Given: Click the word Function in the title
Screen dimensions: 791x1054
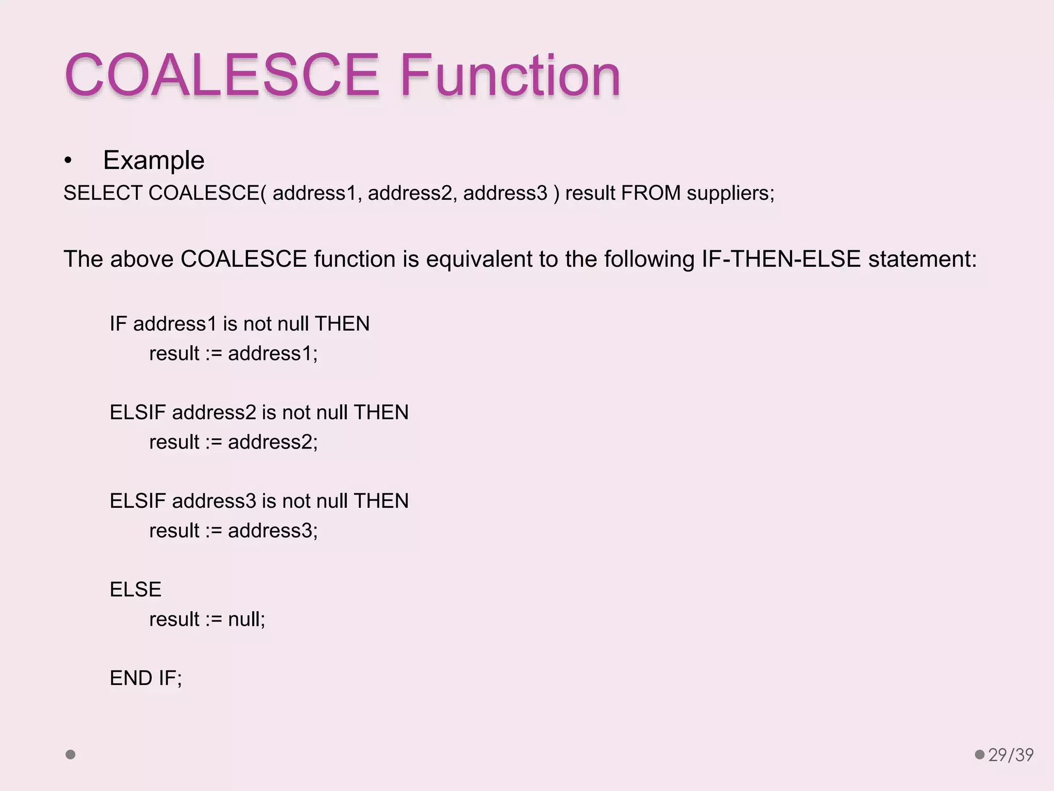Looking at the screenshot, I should (510, 75).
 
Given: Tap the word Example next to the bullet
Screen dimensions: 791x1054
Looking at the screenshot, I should (153, 160).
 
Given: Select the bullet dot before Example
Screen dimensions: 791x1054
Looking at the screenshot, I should (68, 161).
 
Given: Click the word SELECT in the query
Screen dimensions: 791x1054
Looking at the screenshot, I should (102, 193).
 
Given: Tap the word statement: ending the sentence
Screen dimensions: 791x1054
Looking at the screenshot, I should (922, 259).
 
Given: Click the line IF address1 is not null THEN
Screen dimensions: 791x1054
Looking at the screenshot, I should (239, 324).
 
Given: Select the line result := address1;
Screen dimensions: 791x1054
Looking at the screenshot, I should (233, 354).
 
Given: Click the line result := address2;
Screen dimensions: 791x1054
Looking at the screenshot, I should (233, 442).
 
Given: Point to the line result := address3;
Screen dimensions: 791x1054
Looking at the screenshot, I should (233, 531).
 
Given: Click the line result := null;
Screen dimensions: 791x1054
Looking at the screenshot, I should (207, 620).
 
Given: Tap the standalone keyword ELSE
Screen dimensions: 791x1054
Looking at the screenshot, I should (135, 590).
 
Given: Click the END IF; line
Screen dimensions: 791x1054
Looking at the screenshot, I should (146, 678).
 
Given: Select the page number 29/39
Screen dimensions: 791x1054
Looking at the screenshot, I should (1011, 755).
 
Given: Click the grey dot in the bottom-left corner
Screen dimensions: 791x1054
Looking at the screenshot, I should (71, 754).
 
